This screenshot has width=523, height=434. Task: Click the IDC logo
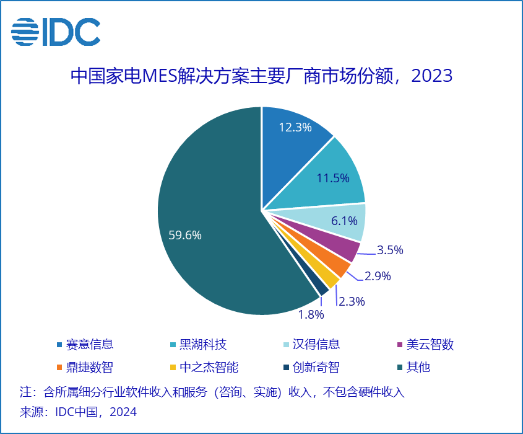coord(56,32)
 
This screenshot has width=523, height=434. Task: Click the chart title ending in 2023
coord(261,76)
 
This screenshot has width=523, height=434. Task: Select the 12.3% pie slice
coord(290,140)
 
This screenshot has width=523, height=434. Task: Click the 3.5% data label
coord(390,250)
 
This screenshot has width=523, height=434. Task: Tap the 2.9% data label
coord(378,276)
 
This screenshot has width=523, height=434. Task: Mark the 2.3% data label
coord(352,301)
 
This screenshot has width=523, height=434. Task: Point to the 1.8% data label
coord(311,314)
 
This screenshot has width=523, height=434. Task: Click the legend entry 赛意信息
coord(85,345)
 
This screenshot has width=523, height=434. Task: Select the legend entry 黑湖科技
coord(198,345)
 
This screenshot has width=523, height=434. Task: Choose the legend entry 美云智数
coord(425,345)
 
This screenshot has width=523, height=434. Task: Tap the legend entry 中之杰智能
coord(204,367)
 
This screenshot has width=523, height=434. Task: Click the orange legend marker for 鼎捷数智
coord(59,368)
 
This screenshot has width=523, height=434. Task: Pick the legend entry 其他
coord(413,367)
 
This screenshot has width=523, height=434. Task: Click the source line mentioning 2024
coord(78,412)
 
